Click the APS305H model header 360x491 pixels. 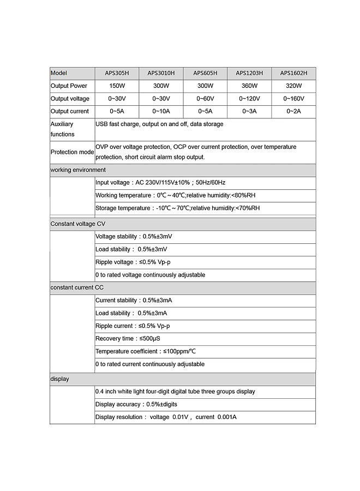tap(117, 73)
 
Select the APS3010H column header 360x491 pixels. tap(161, 73)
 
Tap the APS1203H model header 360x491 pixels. tap(249, 73)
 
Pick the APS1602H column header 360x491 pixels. tap(293, 73)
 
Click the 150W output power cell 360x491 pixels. tap(117, 86)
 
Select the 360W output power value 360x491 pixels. tap(249, 86)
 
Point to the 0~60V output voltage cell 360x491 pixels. tap(205, 99)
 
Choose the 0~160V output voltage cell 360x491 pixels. tap(293, 99)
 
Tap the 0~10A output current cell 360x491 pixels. tap(161, 111)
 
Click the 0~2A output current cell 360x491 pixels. tap(293, 111)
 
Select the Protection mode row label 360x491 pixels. tap(72, 152)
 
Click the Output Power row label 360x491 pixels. tap(69, 86)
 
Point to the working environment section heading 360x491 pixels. tap(78, 170)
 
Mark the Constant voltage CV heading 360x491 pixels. tap(78, 224)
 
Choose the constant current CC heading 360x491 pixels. tap(77, 287)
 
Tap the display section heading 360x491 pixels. tap(60, 379)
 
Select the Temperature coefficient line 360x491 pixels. tap(146, 351)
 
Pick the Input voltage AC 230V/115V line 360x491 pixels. tap(160, 183)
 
